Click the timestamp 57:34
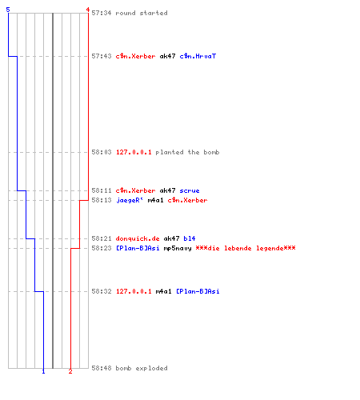(102, 13)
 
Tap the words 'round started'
(142, 13)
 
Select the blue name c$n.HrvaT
(198, 56)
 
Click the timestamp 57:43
(102, 56)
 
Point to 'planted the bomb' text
(187, 152)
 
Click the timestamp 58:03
(102, 152)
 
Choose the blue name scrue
(190, 190)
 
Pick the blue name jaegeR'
(130, 200)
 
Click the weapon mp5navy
(178, 248)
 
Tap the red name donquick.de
(138, 238)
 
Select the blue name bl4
(190, 238)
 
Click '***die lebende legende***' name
(246, 248)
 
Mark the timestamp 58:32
(102, 291)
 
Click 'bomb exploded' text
(142, 368)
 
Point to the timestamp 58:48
(102, 368)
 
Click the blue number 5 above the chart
(8, 10)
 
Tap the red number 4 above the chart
(88, 10)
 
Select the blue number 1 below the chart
(43, 371)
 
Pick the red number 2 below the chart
(70, 371)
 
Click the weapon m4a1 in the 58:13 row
(155, 200)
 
